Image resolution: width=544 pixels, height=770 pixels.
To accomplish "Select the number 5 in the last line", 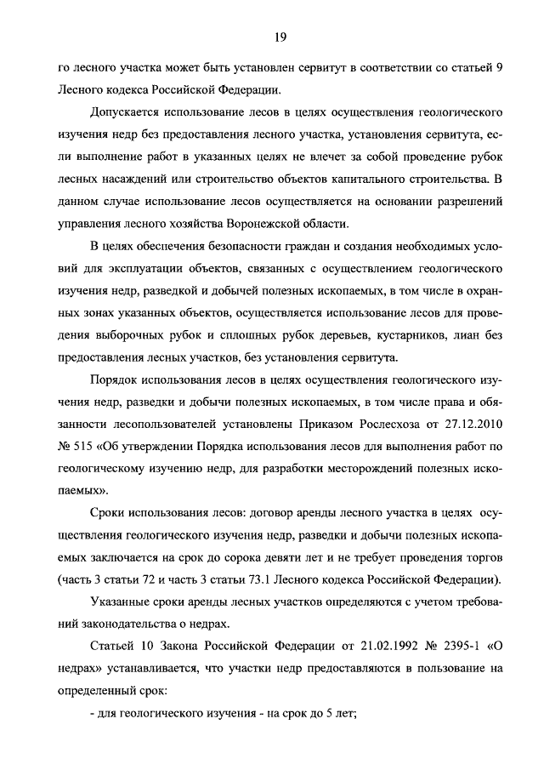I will (332, 713).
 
